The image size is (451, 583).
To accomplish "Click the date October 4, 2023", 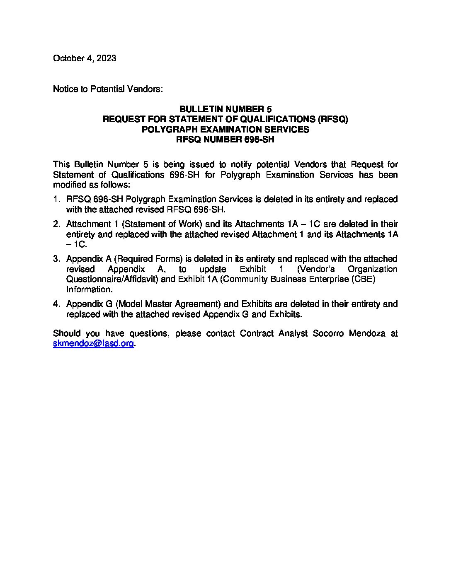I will [x=85, y=58].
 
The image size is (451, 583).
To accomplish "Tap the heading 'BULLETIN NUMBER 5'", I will [x=225, y=109].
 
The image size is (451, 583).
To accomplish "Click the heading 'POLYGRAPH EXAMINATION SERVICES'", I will [x=225, y=129].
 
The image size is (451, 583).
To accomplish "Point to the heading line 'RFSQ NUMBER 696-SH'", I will [x=225, y=140].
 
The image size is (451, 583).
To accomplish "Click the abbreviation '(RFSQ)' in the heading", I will [x=332, y=119].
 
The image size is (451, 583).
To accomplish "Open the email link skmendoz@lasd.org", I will [x=93, y=344].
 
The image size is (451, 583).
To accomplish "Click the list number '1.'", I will [x=57, y=199].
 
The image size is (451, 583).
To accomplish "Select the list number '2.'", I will [x=57, y=224].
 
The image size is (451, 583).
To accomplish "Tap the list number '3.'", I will [x=57, y=259].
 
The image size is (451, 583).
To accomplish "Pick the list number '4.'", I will [x=57, y=304].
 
